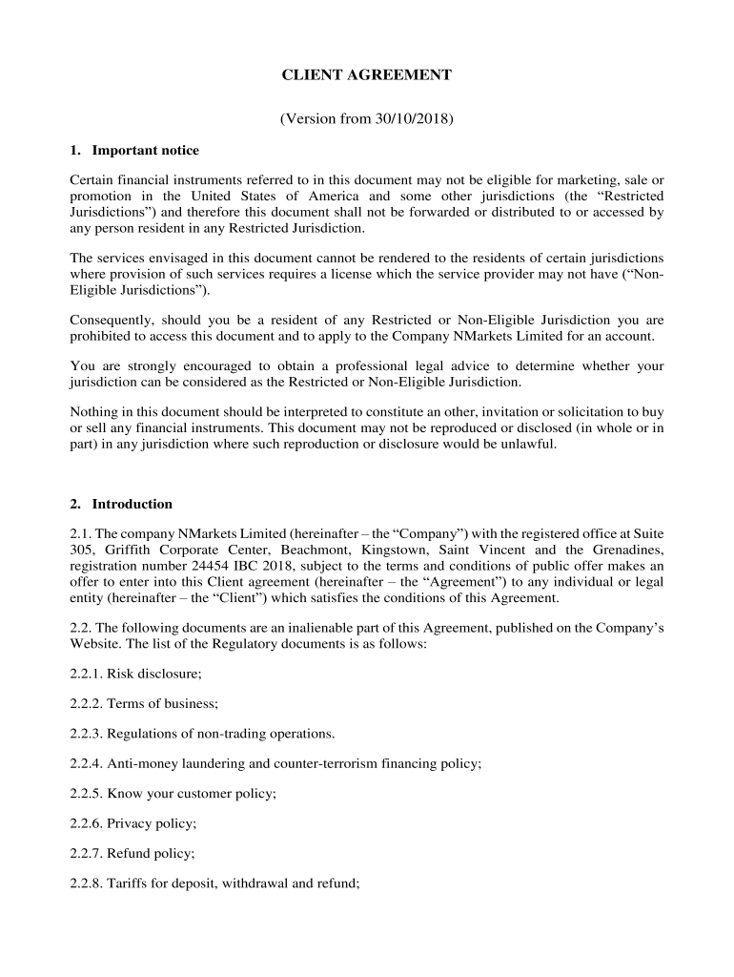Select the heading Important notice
145,151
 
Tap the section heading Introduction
132,504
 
